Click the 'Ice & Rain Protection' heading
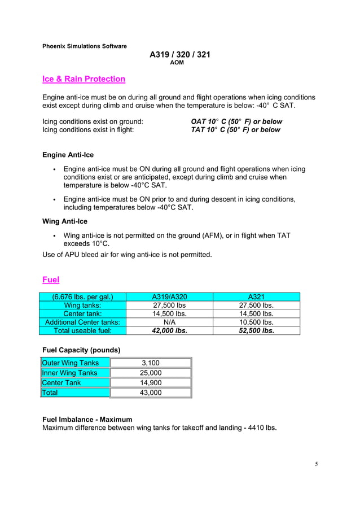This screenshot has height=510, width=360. (x=84, y=79)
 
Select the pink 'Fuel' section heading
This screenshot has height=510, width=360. (x=51, y=280)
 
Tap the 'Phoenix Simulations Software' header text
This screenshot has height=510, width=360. (x=85, y=46)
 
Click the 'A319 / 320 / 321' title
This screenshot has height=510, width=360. (x=180, y=55)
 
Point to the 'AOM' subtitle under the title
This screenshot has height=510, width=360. (x=177, y=63)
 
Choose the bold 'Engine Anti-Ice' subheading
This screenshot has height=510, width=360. (x=68, y=155)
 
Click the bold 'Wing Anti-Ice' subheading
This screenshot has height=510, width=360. (x=65, y=221)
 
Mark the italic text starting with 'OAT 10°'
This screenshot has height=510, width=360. (x=236, y=121)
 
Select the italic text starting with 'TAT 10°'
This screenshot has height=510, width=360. (x=235, y=130)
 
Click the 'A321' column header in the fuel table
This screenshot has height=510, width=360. (x=257, y=297)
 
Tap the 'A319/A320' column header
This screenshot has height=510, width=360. (x=170, y=297)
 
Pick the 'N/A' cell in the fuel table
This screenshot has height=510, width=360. (x=170, y=322)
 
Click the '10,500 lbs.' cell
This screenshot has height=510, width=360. (x=257, y=322)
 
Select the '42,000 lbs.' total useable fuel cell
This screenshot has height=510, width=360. (x=170, y=331)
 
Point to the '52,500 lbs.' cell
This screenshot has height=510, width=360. (x=257, y=331)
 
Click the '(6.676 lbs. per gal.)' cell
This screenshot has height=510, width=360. (x=83, y=297)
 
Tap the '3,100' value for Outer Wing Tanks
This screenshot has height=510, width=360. (x=150, y=363)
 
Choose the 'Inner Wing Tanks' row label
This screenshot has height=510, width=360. (x=69, y=373)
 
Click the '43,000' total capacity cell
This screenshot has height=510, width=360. (x=150, y=393)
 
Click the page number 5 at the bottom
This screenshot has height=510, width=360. (x=317, y=464)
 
